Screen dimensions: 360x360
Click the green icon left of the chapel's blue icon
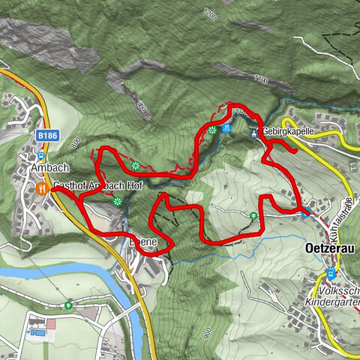[x=214, y=130]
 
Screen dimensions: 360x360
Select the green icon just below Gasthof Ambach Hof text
[x=117, y=200]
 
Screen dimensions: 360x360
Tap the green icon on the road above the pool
[x=69, y=305]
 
